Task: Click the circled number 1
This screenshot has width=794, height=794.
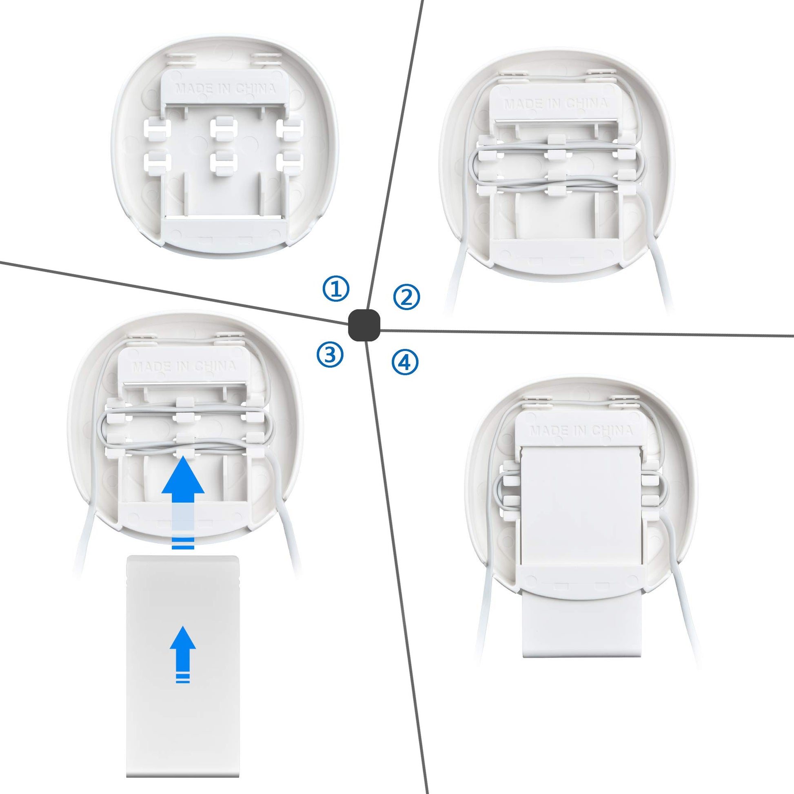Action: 336,288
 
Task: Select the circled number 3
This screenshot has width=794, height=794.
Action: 330,355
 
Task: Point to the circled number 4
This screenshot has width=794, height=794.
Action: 405,362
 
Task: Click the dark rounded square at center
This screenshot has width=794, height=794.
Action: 364,325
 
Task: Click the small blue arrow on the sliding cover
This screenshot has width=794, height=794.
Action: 183,654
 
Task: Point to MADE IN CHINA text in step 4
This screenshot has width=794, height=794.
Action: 581,430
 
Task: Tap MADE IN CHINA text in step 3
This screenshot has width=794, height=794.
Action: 184,366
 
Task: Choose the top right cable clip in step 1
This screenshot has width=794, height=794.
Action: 290,129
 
